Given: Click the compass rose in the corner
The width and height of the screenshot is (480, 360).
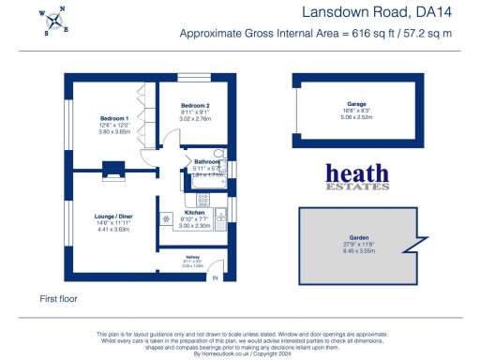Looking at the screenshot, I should (55, 22).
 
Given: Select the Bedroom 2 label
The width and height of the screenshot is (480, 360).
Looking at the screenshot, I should (195, 104).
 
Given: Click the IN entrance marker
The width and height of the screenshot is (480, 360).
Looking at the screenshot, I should (215, 278).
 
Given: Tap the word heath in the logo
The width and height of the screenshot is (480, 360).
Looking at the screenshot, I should (357, 173).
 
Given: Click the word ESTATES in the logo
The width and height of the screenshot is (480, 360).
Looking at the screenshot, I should (357, 187).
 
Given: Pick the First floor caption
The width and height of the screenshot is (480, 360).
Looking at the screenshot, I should (58, 298).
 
